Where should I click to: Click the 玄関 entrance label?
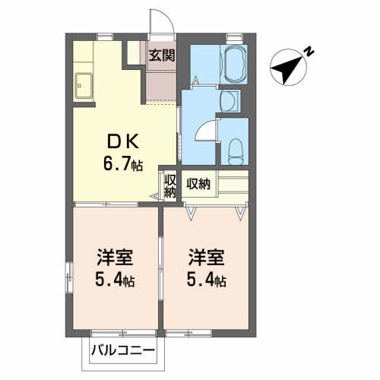click(161, 55)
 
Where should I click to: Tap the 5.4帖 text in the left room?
click(113, 280)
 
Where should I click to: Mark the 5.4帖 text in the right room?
click(204, 280)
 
